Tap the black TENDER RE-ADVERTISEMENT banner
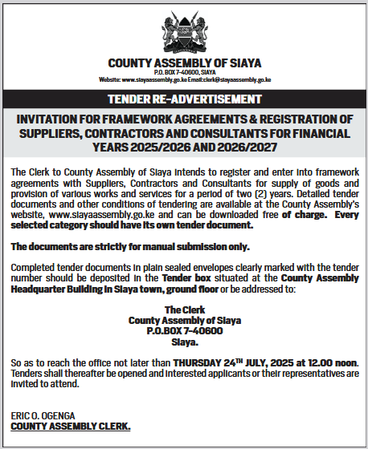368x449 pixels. (x=184, y=99)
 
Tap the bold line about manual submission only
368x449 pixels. (x=131, y=246)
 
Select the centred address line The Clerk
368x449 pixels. (x=184, y=309)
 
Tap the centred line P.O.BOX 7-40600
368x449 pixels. (x=184, y=330)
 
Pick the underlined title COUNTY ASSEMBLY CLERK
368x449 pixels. (x=71, y=426)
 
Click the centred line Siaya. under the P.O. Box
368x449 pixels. (x=184, y=341)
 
